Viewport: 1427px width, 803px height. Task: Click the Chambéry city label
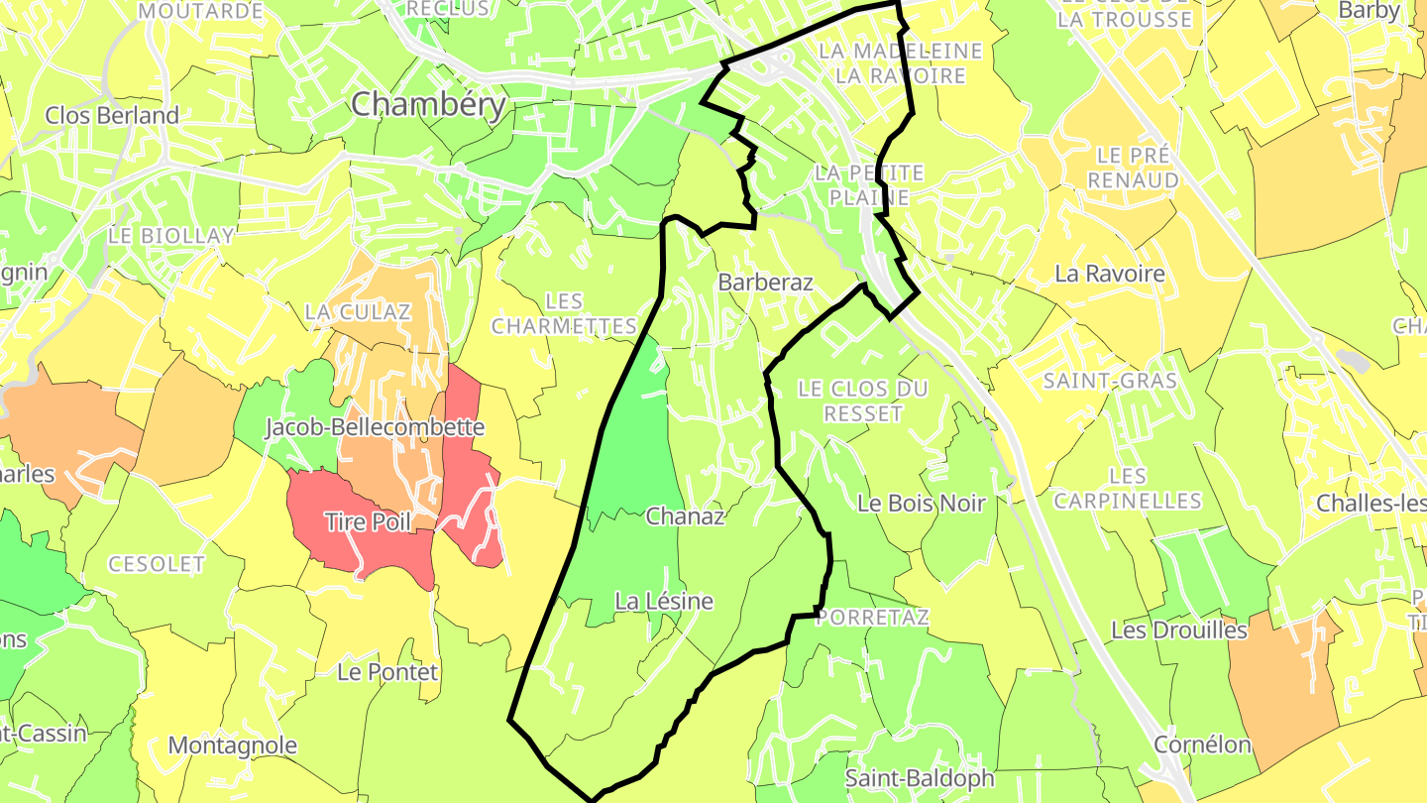point(428,104)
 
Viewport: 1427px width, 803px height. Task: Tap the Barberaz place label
point(765,283)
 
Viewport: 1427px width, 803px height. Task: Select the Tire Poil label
point(368,521)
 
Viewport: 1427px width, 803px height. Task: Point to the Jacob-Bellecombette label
point(375,427)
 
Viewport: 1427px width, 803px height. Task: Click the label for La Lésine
point(664,602)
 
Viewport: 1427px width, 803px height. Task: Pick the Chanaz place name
point(686,516)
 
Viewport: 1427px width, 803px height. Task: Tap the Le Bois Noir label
point(922,504)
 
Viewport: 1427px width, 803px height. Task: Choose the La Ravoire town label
point(1110,274)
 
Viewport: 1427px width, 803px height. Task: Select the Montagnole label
point(233,746)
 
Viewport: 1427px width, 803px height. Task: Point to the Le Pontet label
point(387,672)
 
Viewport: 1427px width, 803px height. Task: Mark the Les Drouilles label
point(1179,631)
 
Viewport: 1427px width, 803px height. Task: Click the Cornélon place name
point(1202,745)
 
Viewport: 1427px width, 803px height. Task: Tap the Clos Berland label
point(112,115)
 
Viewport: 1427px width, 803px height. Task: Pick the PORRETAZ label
point(874,618)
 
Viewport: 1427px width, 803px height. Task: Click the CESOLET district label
point(157,564)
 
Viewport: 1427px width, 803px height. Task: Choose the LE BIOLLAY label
point(171,236)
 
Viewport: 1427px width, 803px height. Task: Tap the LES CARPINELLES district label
point(1128,489)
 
